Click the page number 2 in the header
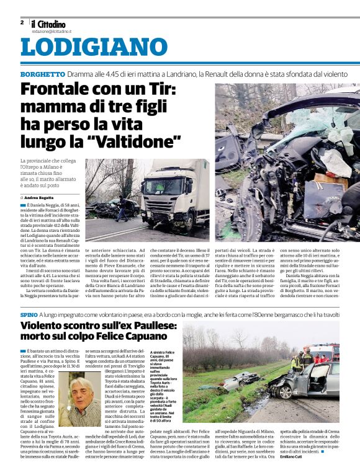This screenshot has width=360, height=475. coord(22,22)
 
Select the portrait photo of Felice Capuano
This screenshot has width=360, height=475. coord(79,399)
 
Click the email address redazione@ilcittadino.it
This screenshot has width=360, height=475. coord(52,30)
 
